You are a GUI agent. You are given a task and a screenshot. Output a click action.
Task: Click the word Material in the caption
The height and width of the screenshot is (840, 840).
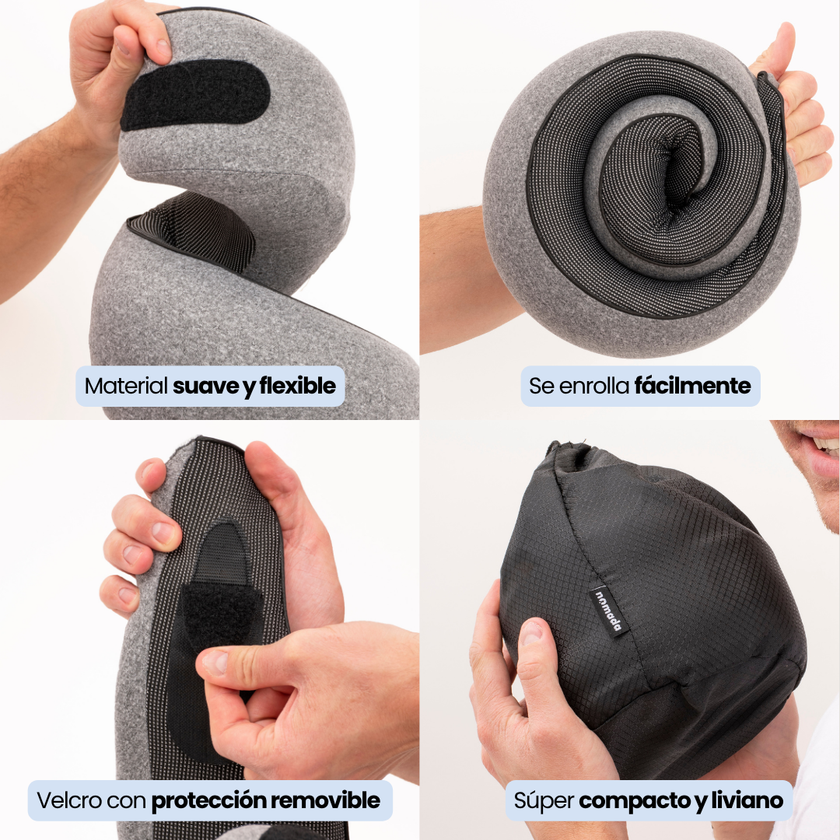[x=126, y=386]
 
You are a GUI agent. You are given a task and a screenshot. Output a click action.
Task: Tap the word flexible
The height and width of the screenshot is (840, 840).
[x=298, y=386]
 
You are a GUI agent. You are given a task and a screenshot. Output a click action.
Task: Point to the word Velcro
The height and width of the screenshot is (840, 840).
[x=68, y=800]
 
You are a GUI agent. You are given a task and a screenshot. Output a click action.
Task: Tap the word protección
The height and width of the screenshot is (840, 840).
[x=205, y=800]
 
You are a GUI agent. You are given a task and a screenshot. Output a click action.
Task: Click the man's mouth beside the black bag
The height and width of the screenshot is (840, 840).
[x=817, y=445]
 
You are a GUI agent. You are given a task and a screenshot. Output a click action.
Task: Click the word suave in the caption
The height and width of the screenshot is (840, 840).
[x=205, y=386]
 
